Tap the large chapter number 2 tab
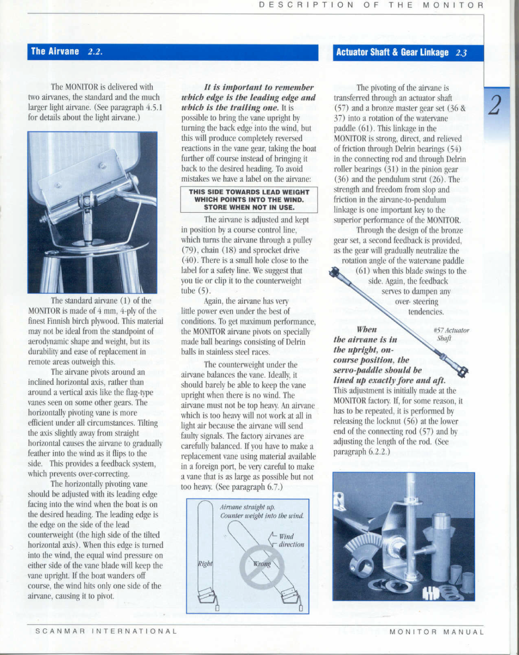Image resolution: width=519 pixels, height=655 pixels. tap(495, 106)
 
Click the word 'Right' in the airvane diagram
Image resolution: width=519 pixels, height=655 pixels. tap(205, 563)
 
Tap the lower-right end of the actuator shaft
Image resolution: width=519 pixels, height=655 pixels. tap(461, 371)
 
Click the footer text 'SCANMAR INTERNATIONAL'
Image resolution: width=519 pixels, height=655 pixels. tap(106, 631)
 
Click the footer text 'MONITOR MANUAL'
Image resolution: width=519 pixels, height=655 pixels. tap(437, 632)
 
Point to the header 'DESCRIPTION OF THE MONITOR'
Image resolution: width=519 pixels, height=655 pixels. tap(371, 5)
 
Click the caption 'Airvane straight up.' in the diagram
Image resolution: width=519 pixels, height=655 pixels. tap(247, 507)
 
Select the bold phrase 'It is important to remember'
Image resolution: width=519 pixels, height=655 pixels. tap(259, 88)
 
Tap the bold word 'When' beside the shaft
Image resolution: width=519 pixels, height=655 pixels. tap(366, 329)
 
